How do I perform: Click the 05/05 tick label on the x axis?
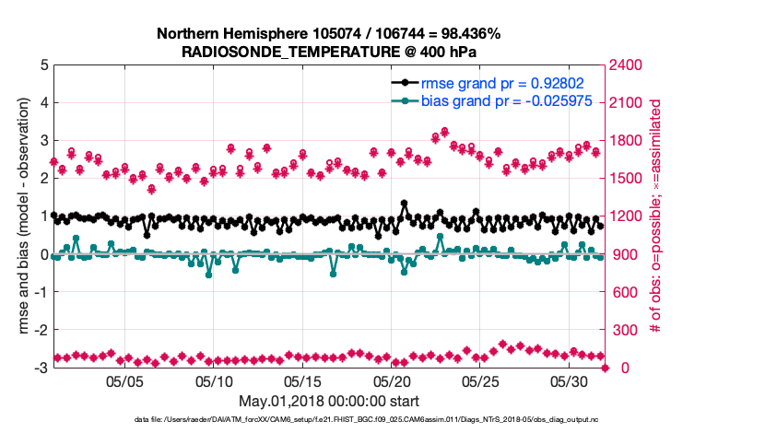(x=125, y=380)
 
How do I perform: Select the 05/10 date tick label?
(x=214, y=380)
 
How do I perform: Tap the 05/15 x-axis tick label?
(x=303, y=380)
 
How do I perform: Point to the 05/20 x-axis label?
(x=392, y=380)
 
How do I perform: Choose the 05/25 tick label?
(x=480, y=380)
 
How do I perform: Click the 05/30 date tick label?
(x=569, y=380)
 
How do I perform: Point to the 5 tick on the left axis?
(x=44, y=65)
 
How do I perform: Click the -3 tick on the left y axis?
(x=41, y=368)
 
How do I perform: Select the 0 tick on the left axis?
(x=44, y=254)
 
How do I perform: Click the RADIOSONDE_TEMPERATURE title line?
(x=328, y=52)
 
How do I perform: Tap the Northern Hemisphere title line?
(x=328, y=34)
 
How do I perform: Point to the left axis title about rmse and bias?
(x=20, y=216)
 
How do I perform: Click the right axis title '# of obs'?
(x=656, y=216)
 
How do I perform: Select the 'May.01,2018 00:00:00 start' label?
(x=328, y=401)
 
